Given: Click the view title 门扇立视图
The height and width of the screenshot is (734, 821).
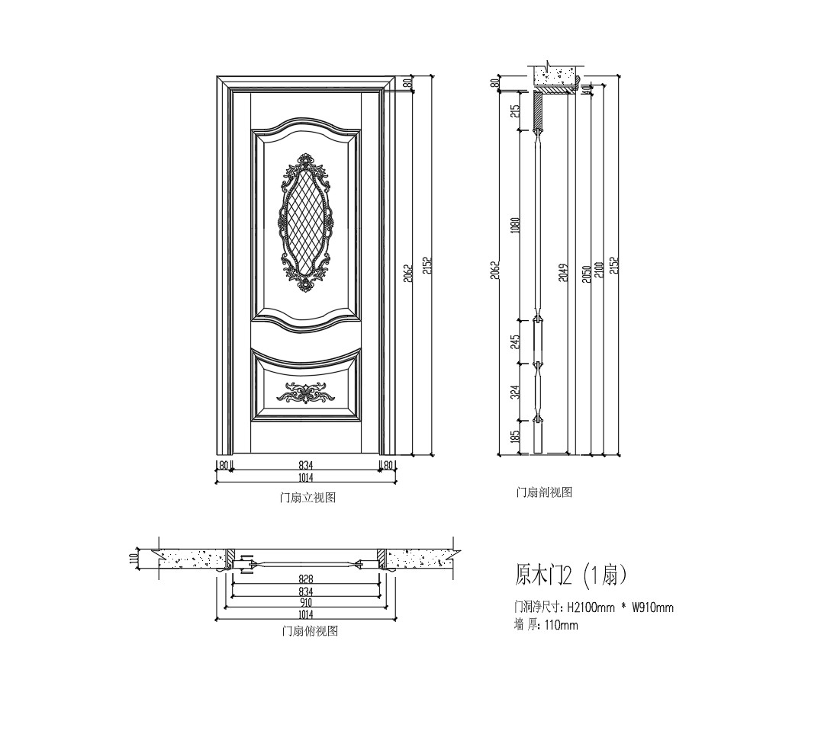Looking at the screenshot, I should tap(307, 498).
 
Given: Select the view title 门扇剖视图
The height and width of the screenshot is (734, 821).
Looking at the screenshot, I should tap(544, 493).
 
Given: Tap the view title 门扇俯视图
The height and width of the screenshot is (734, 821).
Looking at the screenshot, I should tap(310, 632).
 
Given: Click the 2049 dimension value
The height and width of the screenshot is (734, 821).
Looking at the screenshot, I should tap(563, 272).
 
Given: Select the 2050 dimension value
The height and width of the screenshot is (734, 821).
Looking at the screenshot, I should tap(586, 273).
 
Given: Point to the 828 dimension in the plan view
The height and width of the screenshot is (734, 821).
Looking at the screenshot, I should tap(305, 579).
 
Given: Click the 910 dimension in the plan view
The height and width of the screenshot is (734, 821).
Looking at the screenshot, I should tap(305, 602).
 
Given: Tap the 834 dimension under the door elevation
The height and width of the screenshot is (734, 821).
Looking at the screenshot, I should tap(306, 465).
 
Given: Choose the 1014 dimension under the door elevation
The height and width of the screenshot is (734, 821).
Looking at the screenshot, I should tap(305, 478).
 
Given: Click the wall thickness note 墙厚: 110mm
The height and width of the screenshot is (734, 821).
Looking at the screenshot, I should tap(546, 626).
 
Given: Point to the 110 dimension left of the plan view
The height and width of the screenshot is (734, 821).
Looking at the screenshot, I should tap(134, 559).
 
